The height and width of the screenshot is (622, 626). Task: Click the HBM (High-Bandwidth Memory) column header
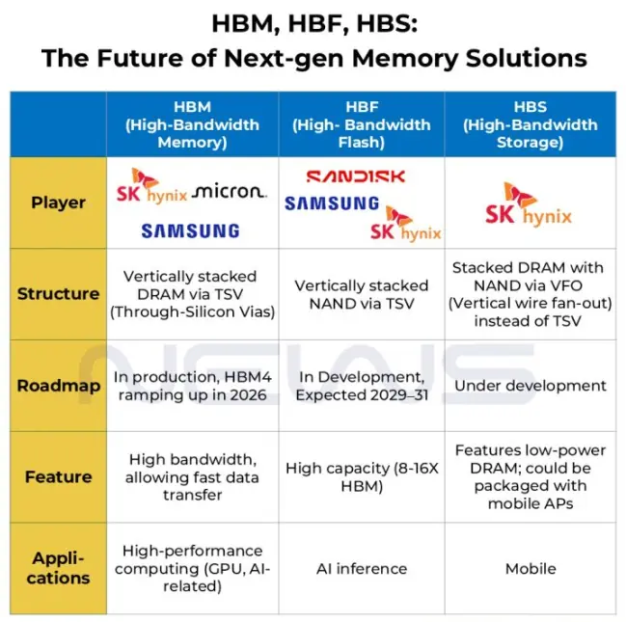tap(192, 124)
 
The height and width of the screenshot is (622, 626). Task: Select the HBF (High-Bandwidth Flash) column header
tap(361, 124)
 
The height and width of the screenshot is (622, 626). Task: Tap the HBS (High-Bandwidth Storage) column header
tap(530, 124)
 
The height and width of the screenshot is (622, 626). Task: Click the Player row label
tap(58, 203)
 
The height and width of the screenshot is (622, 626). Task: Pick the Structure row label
tap(58, 293)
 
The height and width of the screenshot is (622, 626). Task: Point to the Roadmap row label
tap(58, 386)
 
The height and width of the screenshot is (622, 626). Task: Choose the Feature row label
tap(58, 476)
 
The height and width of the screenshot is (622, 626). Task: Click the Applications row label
tap(58, 568)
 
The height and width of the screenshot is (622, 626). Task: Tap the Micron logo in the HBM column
tap(229, 191)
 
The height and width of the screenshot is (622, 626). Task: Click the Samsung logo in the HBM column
tap(190, 230)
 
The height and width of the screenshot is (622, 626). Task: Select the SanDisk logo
tap(356, 176)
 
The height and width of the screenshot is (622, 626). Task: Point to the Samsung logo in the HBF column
tap(332, 203)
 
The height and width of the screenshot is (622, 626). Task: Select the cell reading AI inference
tap(361, 568)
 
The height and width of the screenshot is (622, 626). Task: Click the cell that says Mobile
tap(530, 568)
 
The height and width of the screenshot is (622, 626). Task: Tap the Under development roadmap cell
tap(530, 386)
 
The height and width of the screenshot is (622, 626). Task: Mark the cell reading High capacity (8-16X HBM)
tap(361, 476)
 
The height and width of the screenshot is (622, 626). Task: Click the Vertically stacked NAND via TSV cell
tap(361, 294)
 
